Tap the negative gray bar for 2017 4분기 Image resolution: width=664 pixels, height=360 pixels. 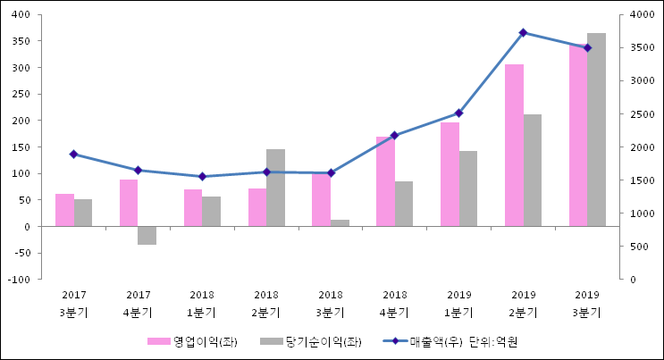tap(147, 236)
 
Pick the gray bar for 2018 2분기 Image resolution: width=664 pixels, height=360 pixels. tap(275, 188)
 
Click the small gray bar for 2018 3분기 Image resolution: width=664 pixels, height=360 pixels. tap(340, 222)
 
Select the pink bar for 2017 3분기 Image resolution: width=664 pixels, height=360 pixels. tap(64, 210)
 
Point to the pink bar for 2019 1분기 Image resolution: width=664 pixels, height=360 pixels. tap(450, 174)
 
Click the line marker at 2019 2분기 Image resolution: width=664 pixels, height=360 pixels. tap(523, 32)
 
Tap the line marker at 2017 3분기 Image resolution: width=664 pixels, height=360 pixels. tap(73, 154)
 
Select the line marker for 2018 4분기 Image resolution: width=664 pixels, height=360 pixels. tap(394, 135)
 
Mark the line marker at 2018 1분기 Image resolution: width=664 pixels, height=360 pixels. tap(202, 176)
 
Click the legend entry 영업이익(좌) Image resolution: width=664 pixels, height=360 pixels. tap(193, 341)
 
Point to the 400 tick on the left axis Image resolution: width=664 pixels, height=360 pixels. tap(20, 14)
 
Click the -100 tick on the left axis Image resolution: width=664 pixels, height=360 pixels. tap(18, 280)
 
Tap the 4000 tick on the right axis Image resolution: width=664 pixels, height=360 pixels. tap(638, 14)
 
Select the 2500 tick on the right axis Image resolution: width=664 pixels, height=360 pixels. tap(638, 113)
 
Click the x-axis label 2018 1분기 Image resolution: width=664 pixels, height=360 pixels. tap(202, 303)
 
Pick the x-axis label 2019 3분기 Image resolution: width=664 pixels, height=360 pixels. tap(587, 303)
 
